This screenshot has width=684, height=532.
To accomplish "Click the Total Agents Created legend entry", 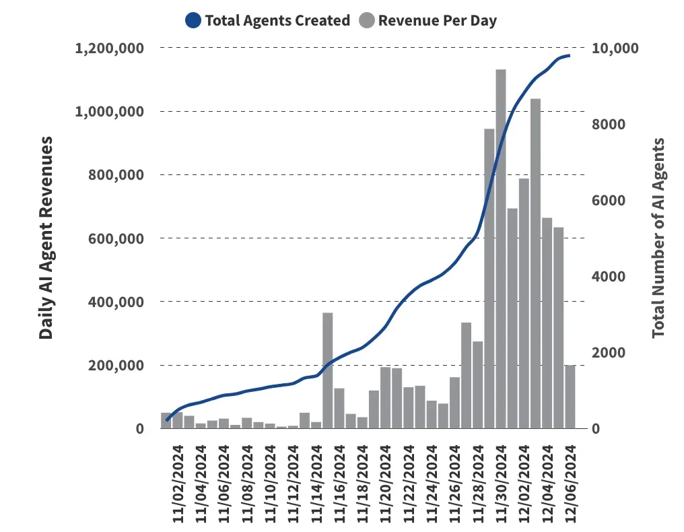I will click(x=277, y=20).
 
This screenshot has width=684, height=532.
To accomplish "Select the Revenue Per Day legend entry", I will click(x=437, y=20).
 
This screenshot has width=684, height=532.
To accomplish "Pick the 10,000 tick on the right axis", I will click(x=614, y=48).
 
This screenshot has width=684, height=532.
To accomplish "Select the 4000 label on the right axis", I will click(x=609, y=277).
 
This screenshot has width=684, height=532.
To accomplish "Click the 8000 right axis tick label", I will click(x=609, y=125).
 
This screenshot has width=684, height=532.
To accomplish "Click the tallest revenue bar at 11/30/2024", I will click(x=501, y=249).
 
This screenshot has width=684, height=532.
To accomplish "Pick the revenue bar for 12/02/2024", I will click(x=524, y=303).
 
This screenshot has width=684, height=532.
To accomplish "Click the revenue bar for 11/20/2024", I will click(x=386, y=397).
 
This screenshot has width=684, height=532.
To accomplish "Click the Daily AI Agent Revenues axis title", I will click(x=46, y=238).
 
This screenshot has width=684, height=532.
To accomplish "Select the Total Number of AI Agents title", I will click(x=658, y=238).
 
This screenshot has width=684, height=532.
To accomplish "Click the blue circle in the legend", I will click(x=193, y=20).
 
